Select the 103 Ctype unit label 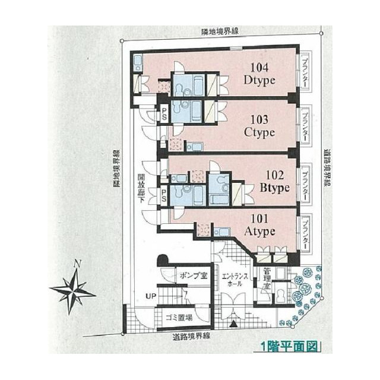[259, 125]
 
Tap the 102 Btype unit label [274, 182]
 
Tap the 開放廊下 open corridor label [142, 189]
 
